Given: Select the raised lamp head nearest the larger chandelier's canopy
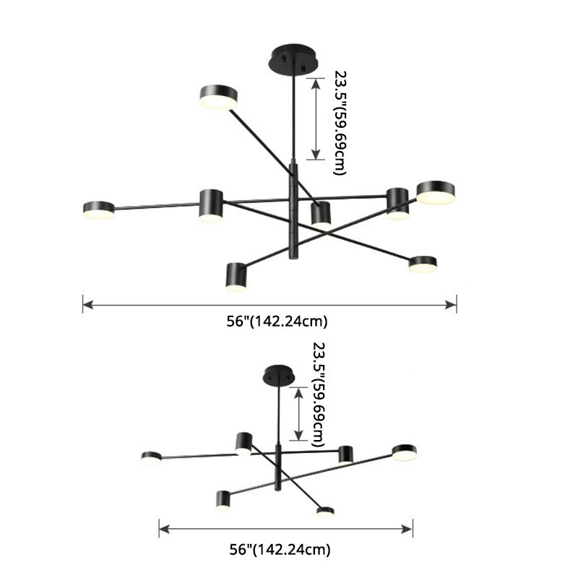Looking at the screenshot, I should [x=218, y=98].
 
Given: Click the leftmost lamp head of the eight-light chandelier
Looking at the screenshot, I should [x=99, y=210].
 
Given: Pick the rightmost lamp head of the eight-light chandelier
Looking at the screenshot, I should [x=436, y=192].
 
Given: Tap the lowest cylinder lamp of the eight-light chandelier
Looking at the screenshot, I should [x=236, y=276].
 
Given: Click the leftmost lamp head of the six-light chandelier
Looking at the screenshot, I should [x=151, y=458].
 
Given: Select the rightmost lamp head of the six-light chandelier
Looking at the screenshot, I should [x=405, y=452].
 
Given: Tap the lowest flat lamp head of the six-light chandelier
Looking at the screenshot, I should [x=325, y=512].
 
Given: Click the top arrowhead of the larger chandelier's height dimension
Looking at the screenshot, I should [x=316, y=82].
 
